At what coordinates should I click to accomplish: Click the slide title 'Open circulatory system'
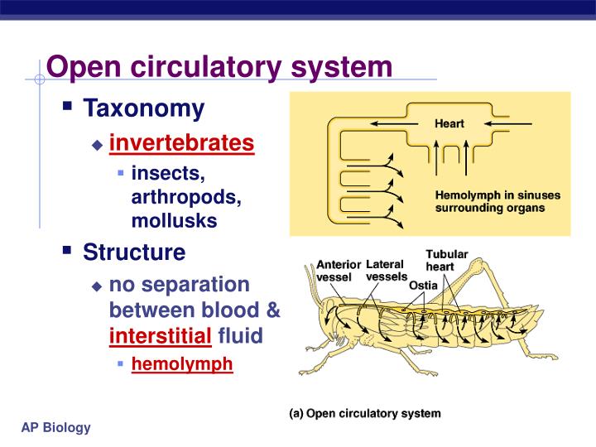point(219,66)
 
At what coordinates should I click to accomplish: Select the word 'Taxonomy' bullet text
point(143,108)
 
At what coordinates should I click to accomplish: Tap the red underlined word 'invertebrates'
point(181,143)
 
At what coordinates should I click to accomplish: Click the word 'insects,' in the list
point(168,174)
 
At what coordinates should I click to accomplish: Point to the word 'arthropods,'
point(186,198)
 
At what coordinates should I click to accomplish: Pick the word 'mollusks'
point(174,221)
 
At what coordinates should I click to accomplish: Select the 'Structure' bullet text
point(134,252)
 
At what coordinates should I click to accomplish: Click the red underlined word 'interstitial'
point(161,336)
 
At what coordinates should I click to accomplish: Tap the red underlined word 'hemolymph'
point(182,364)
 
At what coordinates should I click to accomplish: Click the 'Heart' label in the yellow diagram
point(449,123)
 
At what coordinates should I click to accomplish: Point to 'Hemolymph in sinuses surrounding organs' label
point(497,202)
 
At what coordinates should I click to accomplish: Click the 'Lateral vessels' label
point(386,270)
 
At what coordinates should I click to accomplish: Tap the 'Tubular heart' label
point(446,260)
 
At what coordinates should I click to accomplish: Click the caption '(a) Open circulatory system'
point(364,413)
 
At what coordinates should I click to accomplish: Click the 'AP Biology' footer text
point(56,427)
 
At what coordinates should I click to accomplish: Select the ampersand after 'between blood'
point(273,311)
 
